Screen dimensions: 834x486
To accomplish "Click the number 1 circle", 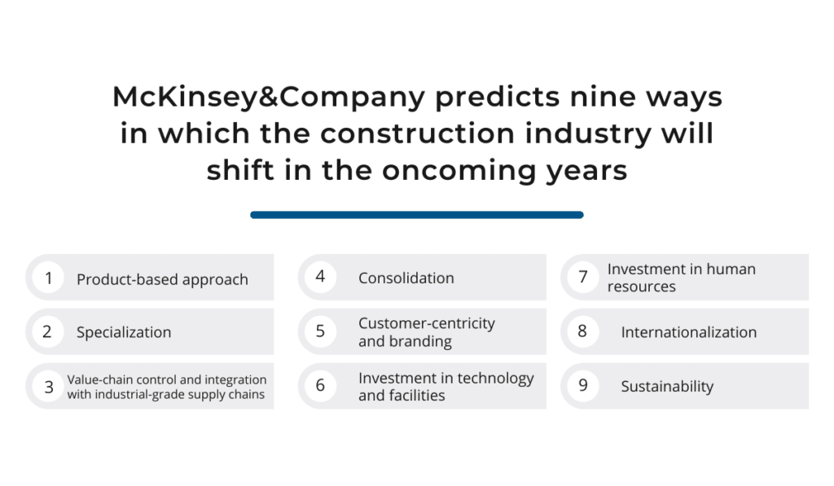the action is pyautogui.click(x=48, y=278).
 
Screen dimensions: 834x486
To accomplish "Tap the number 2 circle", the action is pyautogui.click(x=48, y=332).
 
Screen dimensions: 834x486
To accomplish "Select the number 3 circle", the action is pyautogui.click(x=48, y=386).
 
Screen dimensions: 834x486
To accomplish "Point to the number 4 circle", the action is pyautogui.click(x=320, y=277).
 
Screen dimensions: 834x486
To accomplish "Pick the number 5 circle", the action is pyautogui.click(x=320, y=331).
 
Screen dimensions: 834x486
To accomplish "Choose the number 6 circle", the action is pyautogui.click(x=320, y=386).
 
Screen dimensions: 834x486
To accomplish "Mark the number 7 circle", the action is pyautogui.click(x=583, y=277).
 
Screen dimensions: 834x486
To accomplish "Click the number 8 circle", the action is pyautogui.click(x=583, y=331).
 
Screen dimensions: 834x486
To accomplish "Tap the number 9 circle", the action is pyautogui.click(x=583, y=386).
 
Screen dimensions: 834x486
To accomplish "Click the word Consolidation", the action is pyautogui.click(x=406, y=278).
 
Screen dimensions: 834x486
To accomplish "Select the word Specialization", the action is pyautogui.click(x=124, y=332).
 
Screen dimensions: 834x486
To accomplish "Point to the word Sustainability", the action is pyautogui.click(x=668, y=387).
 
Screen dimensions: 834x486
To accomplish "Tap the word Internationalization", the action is pyautogui.click(x=689, y=332).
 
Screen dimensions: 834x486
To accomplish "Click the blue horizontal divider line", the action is pyautogui.click(x=417, y=215).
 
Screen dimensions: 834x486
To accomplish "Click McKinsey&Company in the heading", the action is pyautogui.click(x=269, y=98).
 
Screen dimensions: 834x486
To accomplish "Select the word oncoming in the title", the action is pyautogui.click(x=459, y=171).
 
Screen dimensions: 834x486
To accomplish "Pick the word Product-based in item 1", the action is pyautogui.click(x=119, y=280).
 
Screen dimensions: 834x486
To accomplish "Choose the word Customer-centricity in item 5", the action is pyautogui.click(x=427, y=323).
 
